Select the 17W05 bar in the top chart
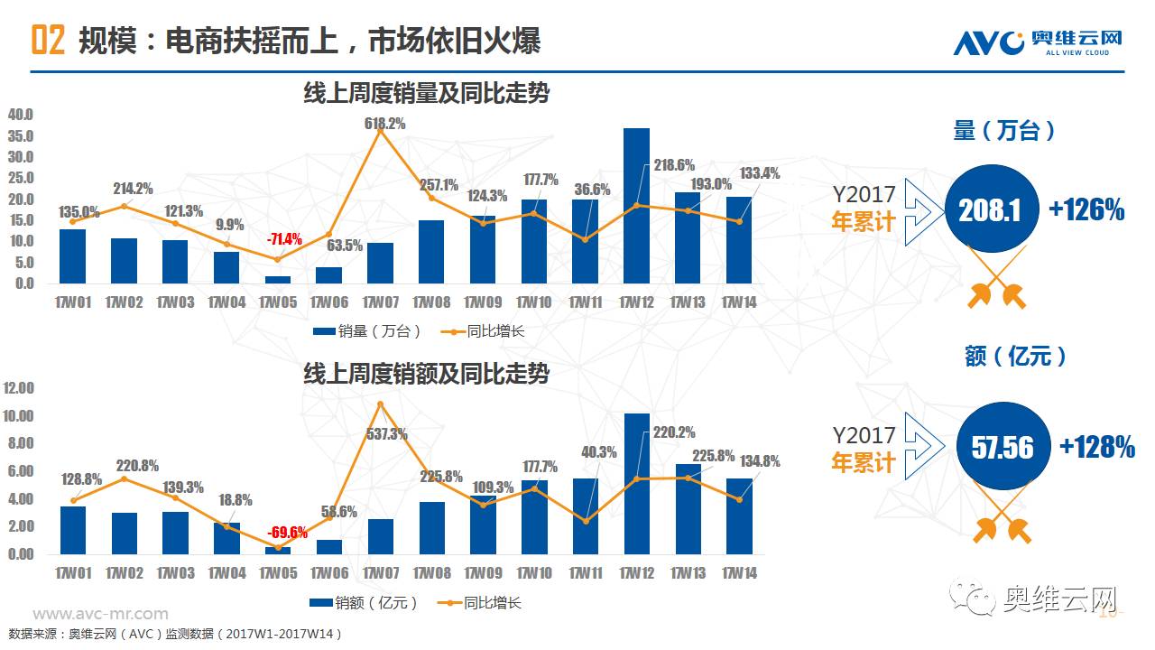(278, 280)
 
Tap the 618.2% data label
(385, 123)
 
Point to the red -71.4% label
(283, 240)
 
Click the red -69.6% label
(287, 533)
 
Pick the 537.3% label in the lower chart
(386, 434)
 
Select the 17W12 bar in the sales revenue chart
(636, 484)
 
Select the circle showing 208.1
(990, 210)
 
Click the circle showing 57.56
(1002, 447)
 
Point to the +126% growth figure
(1086, 210)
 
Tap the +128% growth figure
(1096, 447)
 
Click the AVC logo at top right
(1038, 42)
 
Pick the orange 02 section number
(48, 41)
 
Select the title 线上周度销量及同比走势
(426, 93)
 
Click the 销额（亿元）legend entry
(365, 602)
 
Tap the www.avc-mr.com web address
(100, 615)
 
